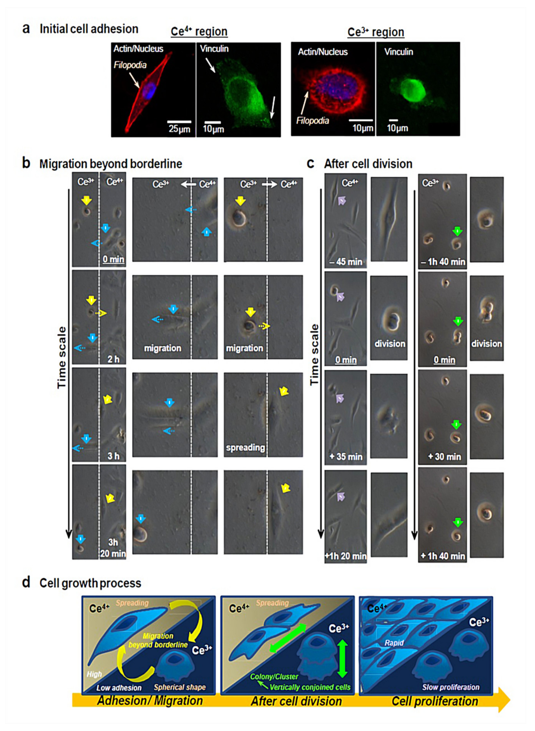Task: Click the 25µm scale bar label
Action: tap(179, 129)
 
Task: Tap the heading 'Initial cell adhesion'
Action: tap(89, 29)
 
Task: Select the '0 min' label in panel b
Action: tap(113, 259)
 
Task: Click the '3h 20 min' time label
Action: tap(113, 548)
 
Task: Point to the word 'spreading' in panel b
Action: tap(245, 447)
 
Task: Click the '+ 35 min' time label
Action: tap(346, 457)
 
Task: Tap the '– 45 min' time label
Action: tap(346, 262)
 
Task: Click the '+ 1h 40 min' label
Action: tap(443, 556)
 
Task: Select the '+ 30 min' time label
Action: tap(444, 457)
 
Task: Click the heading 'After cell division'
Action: tap(368, 164)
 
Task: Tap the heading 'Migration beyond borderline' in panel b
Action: tap(111, 164)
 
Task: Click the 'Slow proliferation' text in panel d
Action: tap(450, 687)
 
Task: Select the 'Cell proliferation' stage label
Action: tap(434, 701)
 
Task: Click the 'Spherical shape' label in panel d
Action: tap(179, 687)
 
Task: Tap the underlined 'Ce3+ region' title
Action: tap(376, 32)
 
